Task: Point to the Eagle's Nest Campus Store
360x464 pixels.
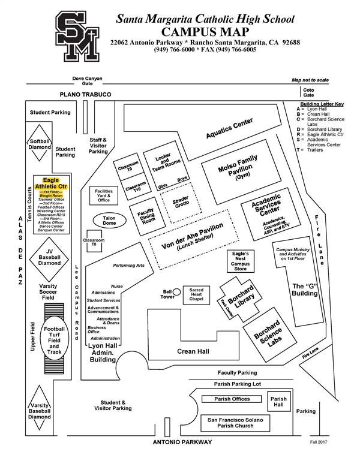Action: coord(240,261)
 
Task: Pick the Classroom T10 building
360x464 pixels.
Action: coord(137,186)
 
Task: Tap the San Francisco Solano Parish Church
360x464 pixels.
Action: coord(231,422)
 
